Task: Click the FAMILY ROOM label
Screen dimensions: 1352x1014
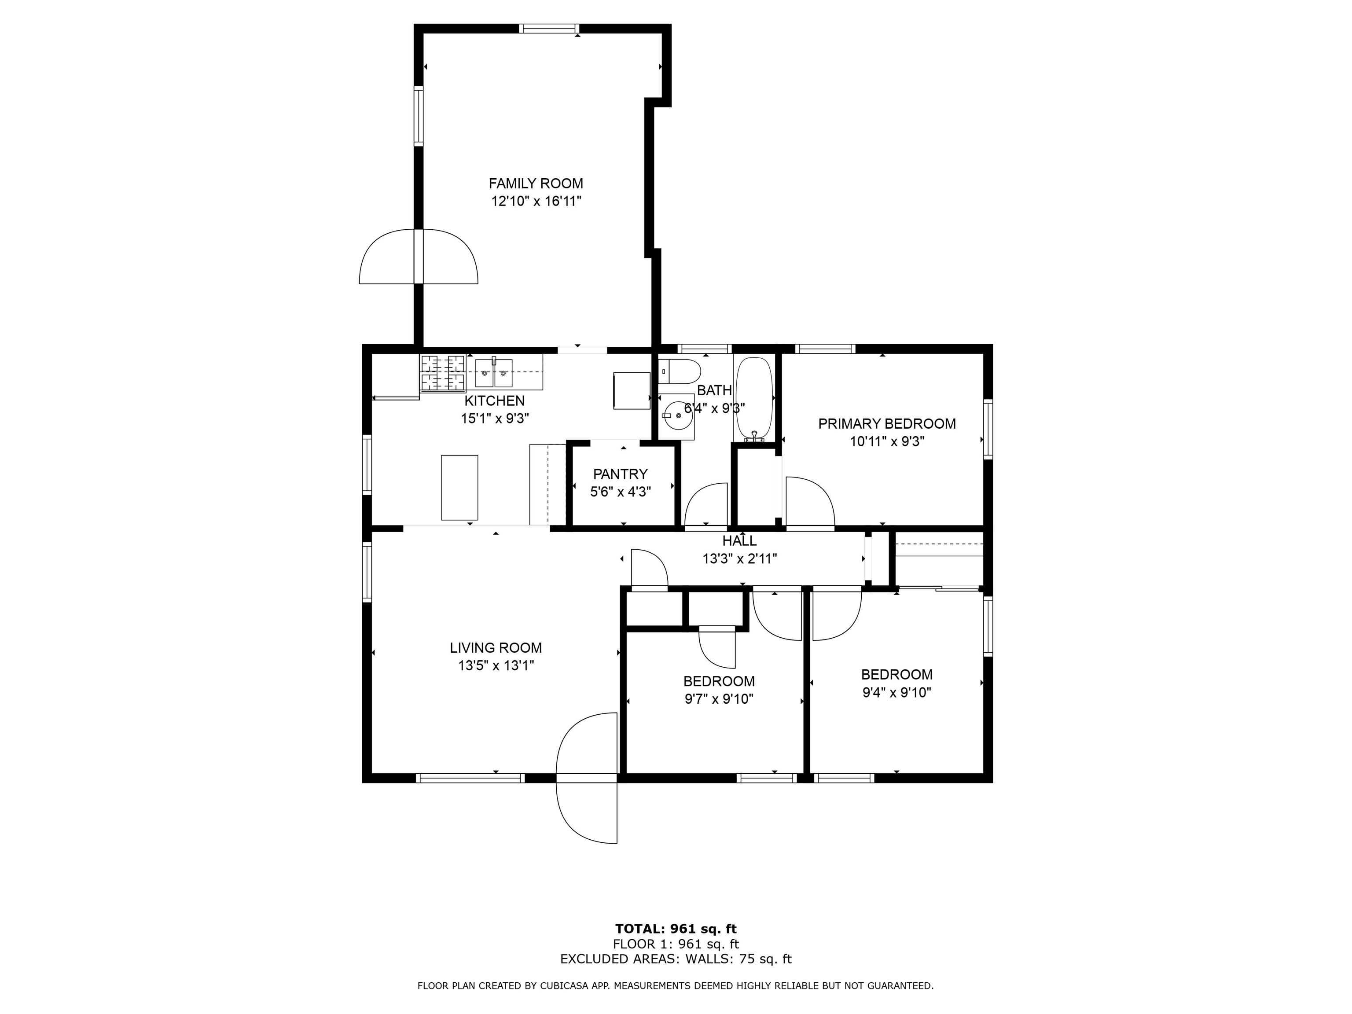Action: coord(536,184)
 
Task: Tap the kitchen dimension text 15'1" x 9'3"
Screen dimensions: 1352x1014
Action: coord(495,419)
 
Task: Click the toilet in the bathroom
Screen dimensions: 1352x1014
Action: coord(680,371)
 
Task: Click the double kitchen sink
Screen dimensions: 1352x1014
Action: coord(494,374)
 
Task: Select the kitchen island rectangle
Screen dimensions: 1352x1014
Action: coord(459,488)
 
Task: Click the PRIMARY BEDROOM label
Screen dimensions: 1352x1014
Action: coord(887,423)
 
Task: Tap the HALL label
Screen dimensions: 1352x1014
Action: coord(739,541)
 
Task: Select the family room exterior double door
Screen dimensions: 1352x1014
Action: coord(418,257)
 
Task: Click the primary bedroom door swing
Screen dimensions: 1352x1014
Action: coord(810,501)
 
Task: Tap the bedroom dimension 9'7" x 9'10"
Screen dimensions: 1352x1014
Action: coord(719,698)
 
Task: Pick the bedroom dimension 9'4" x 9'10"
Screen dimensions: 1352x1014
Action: coord(896,692)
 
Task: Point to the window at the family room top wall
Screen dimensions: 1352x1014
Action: coord(549,28)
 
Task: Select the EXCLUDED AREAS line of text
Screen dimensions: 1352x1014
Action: coord(676,959)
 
